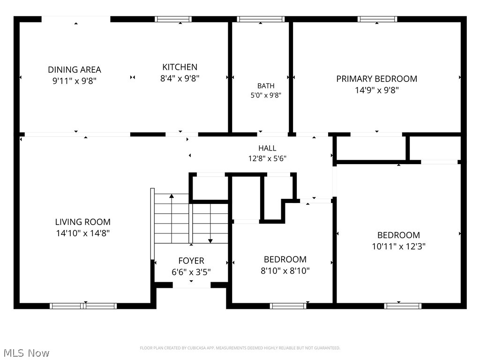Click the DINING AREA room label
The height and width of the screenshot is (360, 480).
[75, 70]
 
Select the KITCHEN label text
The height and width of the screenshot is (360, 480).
[180, 67]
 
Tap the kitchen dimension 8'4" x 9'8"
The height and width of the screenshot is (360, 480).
[180, 78]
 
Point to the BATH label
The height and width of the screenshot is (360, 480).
[266, 86]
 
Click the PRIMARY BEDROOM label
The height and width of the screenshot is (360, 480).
[376, 79]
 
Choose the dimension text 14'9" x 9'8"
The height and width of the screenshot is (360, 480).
[376, 90]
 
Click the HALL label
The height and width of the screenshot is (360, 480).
[267, 148]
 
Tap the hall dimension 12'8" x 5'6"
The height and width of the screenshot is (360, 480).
[267, 158]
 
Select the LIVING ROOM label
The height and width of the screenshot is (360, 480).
[82, 222]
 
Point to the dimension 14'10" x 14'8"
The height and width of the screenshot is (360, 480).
[82, 233]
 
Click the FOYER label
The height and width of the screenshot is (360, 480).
[191, 261]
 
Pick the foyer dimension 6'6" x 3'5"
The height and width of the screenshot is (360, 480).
[191, 272]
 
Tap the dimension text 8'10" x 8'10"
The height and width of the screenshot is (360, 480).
[285, 271]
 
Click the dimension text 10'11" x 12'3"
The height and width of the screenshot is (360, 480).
[398, 247]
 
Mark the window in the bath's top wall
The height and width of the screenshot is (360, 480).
[261, 19]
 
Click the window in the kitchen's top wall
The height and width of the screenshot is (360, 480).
[173, 19]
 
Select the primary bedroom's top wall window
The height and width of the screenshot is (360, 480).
[377, 19]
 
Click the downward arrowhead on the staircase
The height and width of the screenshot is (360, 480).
[210, 241]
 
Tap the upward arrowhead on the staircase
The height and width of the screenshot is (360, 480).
[172, 196]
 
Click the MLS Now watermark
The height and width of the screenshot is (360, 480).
[26, 353]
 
